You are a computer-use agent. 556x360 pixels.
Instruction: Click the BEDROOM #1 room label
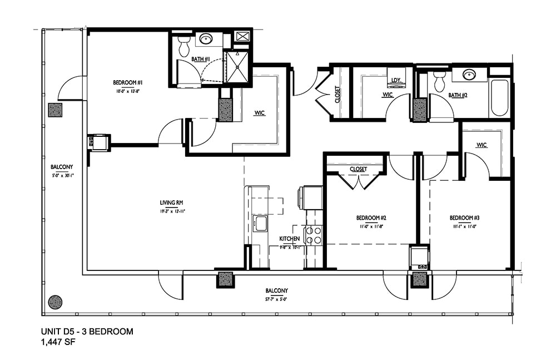click(126, 82)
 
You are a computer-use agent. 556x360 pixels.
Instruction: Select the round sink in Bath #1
click(206, 39)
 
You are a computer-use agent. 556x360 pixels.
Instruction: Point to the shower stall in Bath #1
click(237, 66)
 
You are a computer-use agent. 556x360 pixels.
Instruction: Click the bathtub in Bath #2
click(499, 97)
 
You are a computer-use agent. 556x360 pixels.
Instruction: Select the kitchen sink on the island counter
click(260, 224)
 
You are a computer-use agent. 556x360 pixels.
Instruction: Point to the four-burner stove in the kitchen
click(314, 235)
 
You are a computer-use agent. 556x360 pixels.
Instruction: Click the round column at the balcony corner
click(55, 302)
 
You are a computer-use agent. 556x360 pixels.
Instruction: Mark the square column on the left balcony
click(56, 110)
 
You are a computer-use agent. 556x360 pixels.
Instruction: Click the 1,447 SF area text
click(58, 342)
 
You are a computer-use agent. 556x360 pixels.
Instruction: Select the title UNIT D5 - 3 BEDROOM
click(87, 332)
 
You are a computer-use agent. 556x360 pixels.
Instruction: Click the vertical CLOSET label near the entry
click(337, 94)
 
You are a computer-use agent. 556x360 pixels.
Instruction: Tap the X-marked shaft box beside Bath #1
click(242, 37)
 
